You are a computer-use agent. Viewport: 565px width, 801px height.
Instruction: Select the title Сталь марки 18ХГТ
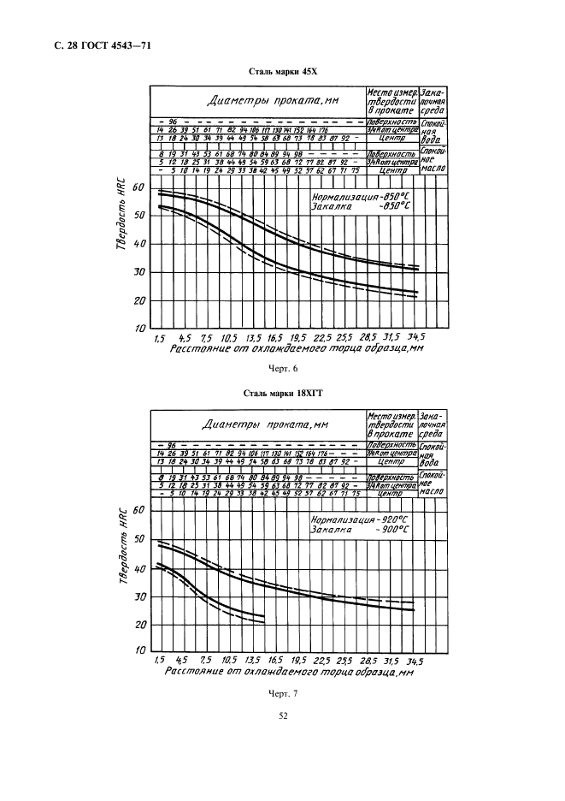[281, 395]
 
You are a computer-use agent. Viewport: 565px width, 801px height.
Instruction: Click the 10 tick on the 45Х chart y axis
[139, 329]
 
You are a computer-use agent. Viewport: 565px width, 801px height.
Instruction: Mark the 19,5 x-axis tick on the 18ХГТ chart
[297, 662]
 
